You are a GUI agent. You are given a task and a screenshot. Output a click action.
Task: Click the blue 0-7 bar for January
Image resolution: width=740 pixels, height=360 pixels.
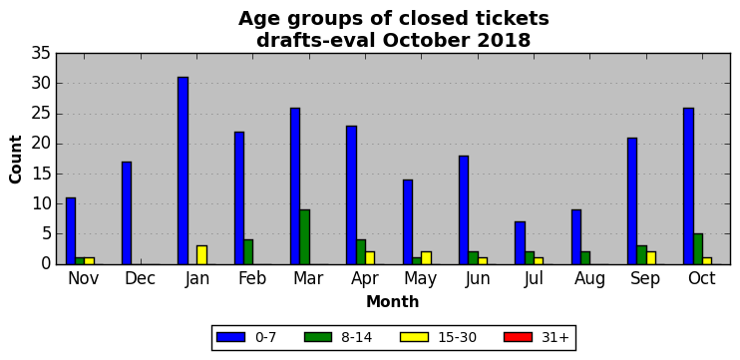click(x=183, y=171)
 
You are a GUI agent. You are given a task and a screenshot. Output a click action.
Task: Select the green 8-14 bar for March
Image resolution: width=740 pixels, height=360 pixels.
click(x=304, y=237)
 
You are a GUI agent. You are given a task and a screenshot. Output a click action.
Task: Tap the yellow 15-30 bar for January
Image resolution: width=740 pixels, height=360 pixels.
click(x=201, y=254)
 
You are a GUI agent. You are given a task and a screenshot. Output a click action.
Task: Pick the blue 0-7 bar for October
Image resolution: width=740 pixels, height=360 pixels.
click(x=688, y=185)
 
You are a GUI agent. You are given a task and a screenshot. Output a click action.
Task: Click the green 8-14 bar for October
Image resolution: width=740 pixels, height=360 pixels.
click(x=697, y=249)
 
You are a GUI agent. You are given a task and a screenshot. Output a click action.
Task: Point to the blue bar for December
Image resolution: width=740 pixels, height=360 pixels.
click(x=127, y=212)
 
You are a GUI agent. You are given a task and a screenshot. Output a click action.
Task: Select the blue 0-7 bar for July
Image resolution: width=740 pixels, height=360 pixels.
click(x=520, y=243)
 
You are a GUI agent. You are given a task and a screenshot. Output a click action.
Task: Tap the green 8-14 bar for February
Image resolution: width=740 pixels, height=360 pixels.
click(x=248, y=252)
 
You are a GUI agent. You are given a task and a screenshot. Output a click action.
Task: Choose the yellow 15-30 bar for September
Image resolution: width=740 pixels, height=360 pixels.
click(x=651, y=258)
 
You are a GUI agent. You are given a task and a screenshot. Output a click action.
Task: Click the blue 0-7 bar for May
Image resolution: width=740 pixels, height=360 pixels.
click(x=408, y=221)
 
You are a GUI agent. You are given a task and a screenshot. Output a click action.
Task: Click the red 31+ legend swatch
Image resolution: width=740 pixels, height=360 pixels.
click(x=518, y=337)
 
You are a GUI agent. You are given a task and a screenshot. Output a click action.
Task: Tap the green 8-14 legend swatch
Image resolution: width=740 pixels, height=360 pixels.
click(x=318, y=337)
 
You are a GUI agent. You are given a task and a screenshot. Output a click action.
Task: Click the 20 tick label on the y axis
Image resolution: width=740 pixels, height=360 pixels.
click(x=41, y=144)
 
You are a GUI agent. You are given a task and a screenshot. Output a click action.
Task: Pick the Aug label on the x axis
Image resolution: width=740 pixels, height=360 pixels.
click(x=590, y=279)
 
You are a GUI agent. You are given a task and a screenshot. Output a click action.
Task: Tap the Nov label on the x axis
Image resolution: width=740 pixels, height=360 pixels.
click(x=84, y=278)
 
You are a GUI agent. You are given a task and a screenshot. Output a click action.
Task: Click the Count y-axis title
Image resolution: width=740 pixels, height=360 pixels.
click(x=16, y=159)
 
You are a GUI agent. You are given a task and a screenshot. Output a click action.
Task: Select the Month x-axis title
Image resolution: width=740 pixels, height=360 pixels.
click(x=393, y=301)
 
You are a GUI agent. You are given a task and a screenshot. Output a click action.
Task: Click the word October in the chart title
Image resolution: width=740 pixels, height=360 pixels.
click(x=427, y=41)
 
